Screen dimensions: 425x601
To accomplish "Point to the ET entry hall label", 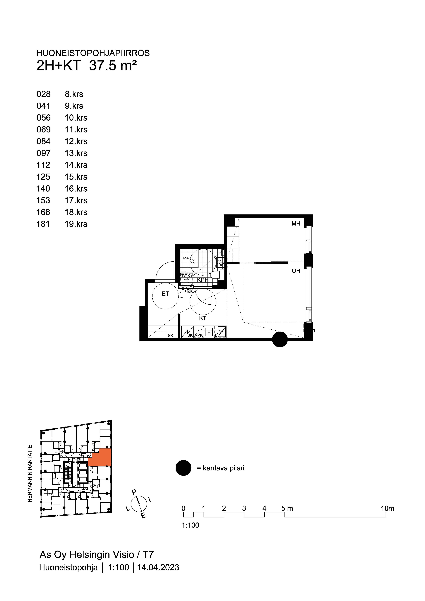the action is (165, 294).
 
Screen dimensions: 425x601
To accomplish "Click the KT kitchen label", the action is (203, 318).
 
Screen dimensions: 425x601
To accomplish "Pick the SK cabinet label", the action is (170, 336).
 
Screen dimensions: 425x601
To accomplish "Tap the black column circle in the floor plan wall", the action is (280, 340).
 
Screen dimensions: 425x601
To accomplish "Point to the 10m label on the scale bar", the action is (387, 508).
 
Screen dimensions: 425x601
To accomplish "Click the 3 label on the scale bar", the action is (244, 508).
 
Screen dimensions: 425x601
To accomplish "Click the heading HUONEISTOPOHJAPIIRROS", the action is (93, 53).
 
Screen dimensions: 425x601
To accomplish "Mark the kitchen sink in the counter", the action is (209, 332).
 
